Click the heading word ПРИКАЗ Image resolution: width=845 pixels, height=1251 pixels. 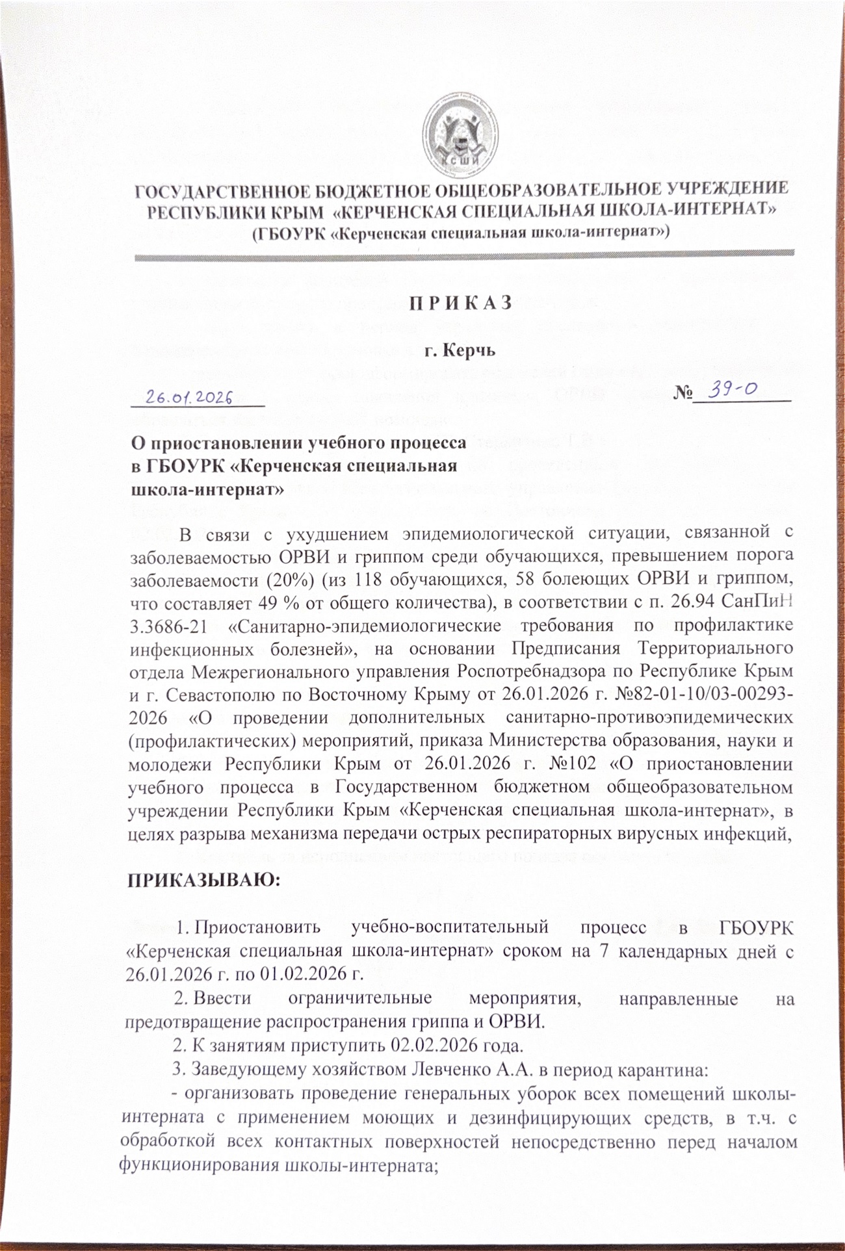tap(460, 303)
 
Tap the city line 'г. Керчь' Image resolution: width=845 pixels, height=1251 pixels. tap(460, 351)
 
